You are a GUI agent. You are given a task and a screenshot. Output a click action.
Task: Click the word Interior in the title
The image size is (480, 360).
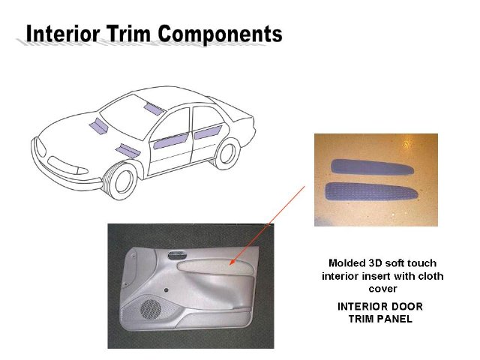(x=63, y=33)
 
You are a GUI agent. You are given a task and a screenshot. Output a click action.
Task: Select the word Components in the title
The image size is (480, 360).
(x=220, y=34)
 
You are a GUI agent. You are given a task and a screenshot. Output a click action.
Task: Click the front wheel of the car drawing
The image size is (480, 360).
(x=121, y=181)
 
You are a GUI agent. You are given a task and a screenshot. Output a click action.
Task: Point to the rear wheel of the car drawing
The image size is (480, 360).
(x=226, y=153)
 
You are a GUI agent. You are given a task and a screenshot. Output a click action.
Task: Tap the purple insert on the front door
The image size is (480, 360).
(x=171, y=141)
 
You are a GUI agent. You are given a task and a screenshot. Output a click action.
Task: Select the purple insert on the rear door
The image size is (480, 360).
(x=208, y=132)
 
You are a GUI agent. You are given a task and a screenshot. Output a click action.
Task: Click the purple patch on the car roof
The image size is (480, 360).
(x=154, y=109)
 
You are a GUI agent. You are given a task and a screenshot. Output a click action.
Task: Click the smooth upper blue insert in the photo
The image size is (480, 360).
(x=372, y=167)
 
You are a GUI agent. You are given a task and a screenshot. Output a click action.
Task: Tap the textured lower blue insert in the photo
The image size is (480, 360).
(x=371, y=192)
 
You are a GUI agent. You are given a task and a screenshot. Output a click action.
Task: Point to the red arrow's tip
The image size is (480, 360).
(x=230, y=265)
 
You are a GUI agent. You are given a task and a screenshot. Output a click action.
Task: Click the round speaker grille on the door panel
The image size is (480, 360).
(x=151, y=310)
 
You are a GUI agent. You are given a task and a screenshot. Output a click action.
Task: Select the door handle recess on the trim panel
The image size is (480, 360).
(x=177, y=255)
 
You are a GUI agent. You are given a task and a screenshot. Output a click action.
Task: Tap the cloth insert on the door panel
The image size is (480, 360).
(x=215, y=267)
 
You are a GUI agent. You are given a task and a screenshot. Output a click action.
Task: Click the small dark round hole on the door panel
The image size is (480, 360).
(x=166, y=290)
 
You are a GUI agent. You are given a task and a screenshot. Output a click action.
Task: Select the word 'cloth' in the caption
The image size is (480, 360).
(x=430, y=276)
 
